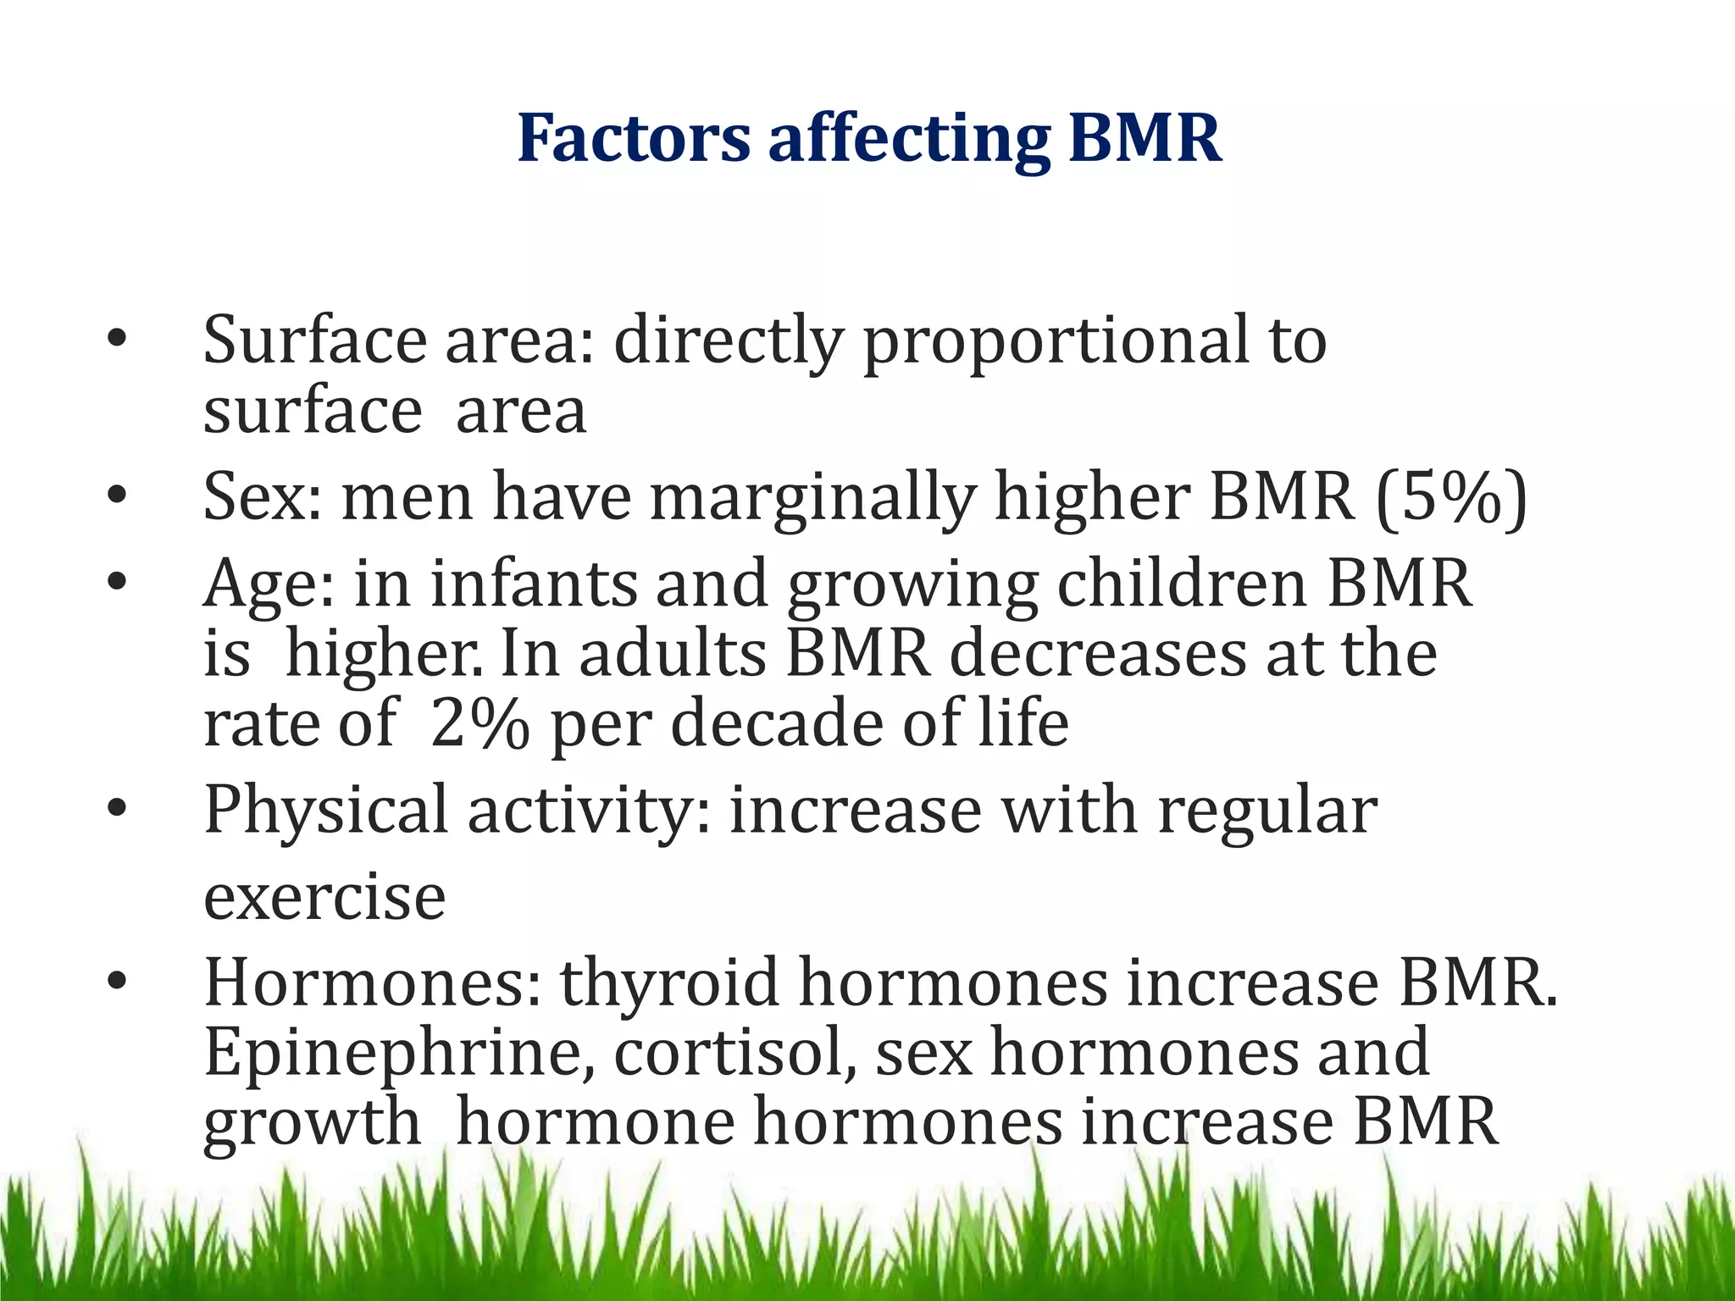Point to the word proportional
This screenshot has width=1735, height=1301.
click(x=1056, y=341)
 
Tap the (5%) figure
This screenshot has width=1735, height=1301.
click(x=1451, y=497)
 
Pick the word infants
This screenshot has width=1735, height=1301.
click(x=533, y=584)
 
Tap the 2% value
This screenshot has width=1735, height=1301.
click(x=479, y=724)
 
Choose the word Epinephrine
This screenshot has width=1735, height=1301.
click(x=399, y=1054)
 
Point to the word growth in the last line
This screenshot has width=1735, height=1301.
click(x=311, y=1123)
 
